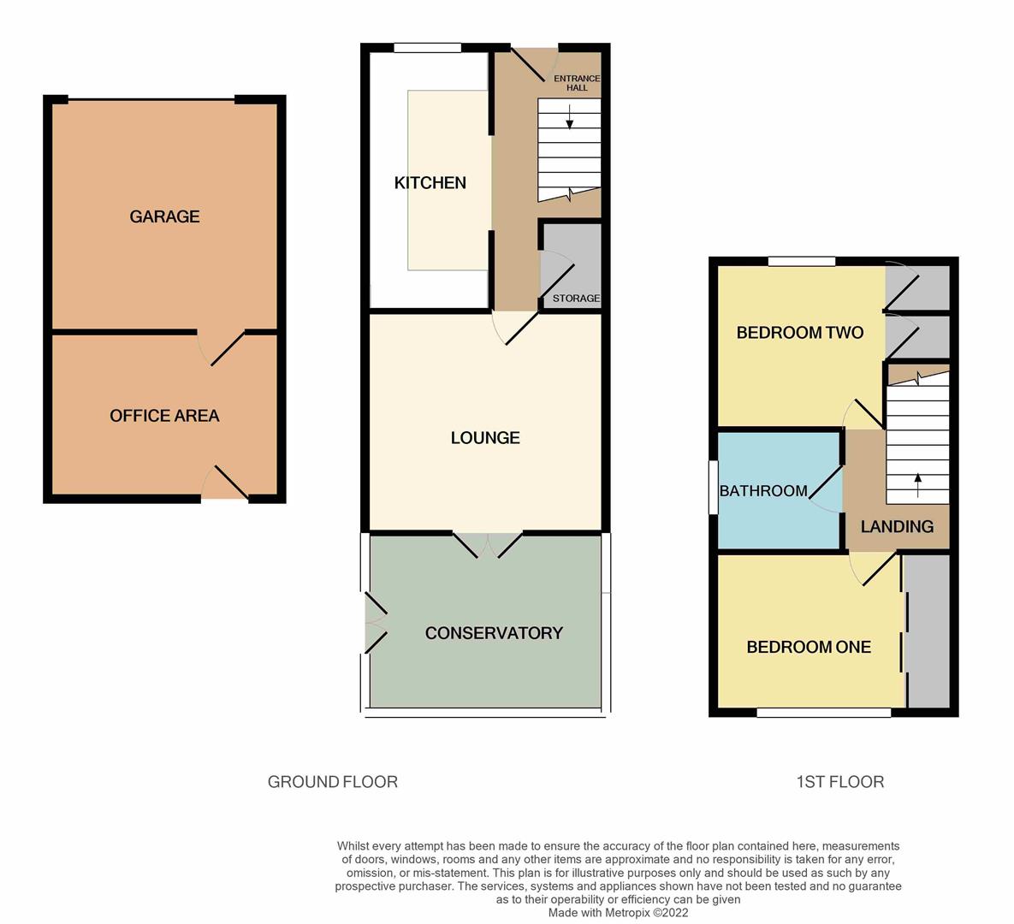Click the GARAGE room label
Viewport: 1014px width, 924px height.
164,216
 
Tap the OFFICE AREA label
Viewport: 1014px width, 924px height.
164,416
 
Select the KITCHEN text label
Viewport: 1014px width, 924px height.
430,182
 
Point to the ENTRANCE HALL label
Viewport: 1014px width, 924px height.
577,83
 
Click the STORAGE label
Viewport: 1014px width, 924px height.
576,299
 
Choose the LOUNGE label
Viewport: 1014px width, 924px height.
485,438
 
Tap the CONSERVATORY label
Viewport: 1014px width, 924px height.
494,633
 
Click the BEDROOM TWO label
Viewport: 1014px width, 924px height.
799,333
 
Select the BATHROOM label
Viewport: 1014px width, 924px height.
763,491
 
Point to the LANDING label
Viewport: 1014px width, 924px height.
897,527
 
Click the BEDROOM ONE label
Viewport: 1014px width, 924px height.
809,648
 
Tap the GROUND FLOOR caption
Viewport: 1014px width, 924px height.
332,782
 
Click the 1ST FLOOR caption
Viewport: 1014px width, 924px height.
839,782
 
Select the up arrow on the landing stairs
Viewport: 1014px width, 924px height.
918,484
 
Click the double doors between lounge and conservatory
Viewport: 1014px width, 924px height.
487,544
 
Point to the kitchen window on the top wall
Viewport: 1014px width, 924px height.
427,48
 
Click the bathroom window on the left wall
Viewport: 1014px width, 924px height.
713,488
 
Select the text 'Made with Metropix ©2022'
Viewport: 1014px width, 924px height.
618,913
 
